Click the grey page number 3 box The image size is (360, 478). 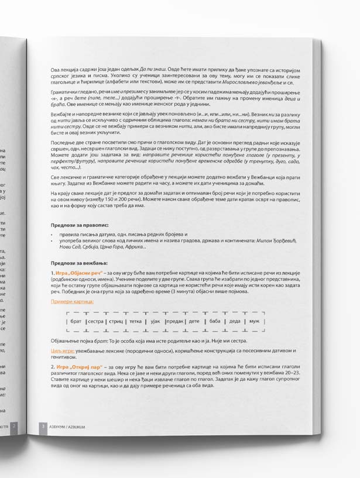(42, 427)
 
